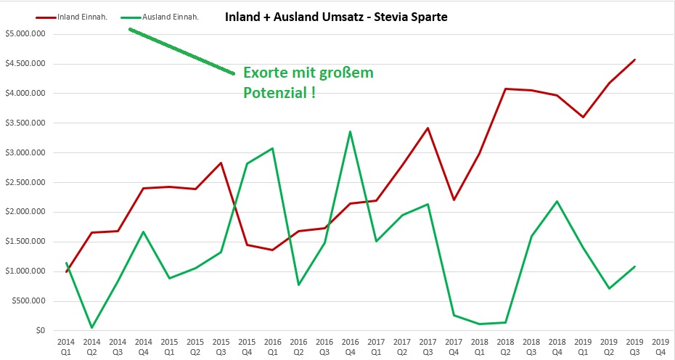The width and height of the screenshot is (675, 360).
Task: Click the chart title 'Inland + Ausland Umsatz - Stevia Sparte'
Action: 336,15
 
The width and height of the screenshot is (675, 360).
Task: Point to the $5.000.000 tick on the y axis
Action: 25,33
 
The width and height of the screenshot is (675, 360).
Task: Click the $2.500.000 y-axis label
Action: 25,182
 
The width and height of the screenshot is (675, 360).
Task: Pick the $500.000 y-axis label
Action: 28,301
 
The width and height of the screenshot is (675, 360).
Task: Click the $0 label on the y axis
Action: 41,331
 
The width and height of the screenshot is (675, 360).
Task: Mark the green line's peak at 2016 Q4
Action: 351,131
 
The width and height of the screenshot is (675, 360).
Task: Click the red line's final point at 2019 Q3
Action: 634,60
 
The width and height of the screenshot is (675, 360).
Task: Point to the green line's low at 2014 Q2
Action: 92,327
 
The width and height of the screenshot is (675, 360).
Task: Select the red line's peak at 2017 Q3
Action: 428,128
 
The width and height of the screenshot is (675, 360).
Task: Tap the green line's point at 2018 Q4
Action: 557,201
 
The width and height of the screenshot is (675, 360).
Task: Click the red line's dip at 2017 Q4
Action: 454,200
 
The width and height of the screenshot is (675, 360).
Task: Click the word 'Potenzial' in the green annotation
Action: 274,94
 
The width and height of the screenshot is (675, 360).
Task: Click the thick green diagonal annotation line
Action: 181,51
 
